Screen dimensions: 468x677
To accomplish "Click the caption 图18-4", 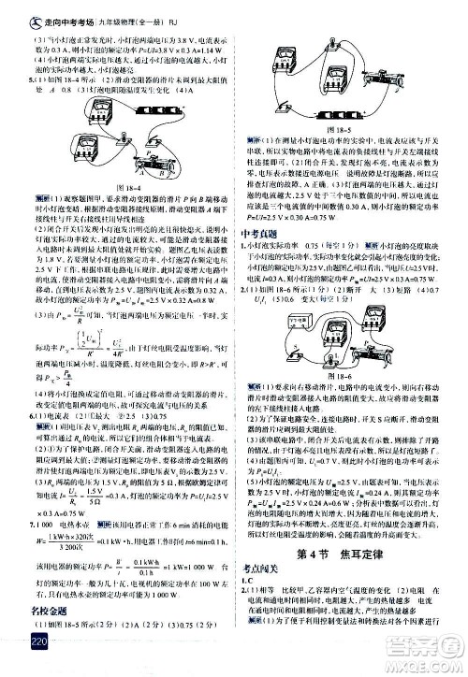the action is pos(124,188).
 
